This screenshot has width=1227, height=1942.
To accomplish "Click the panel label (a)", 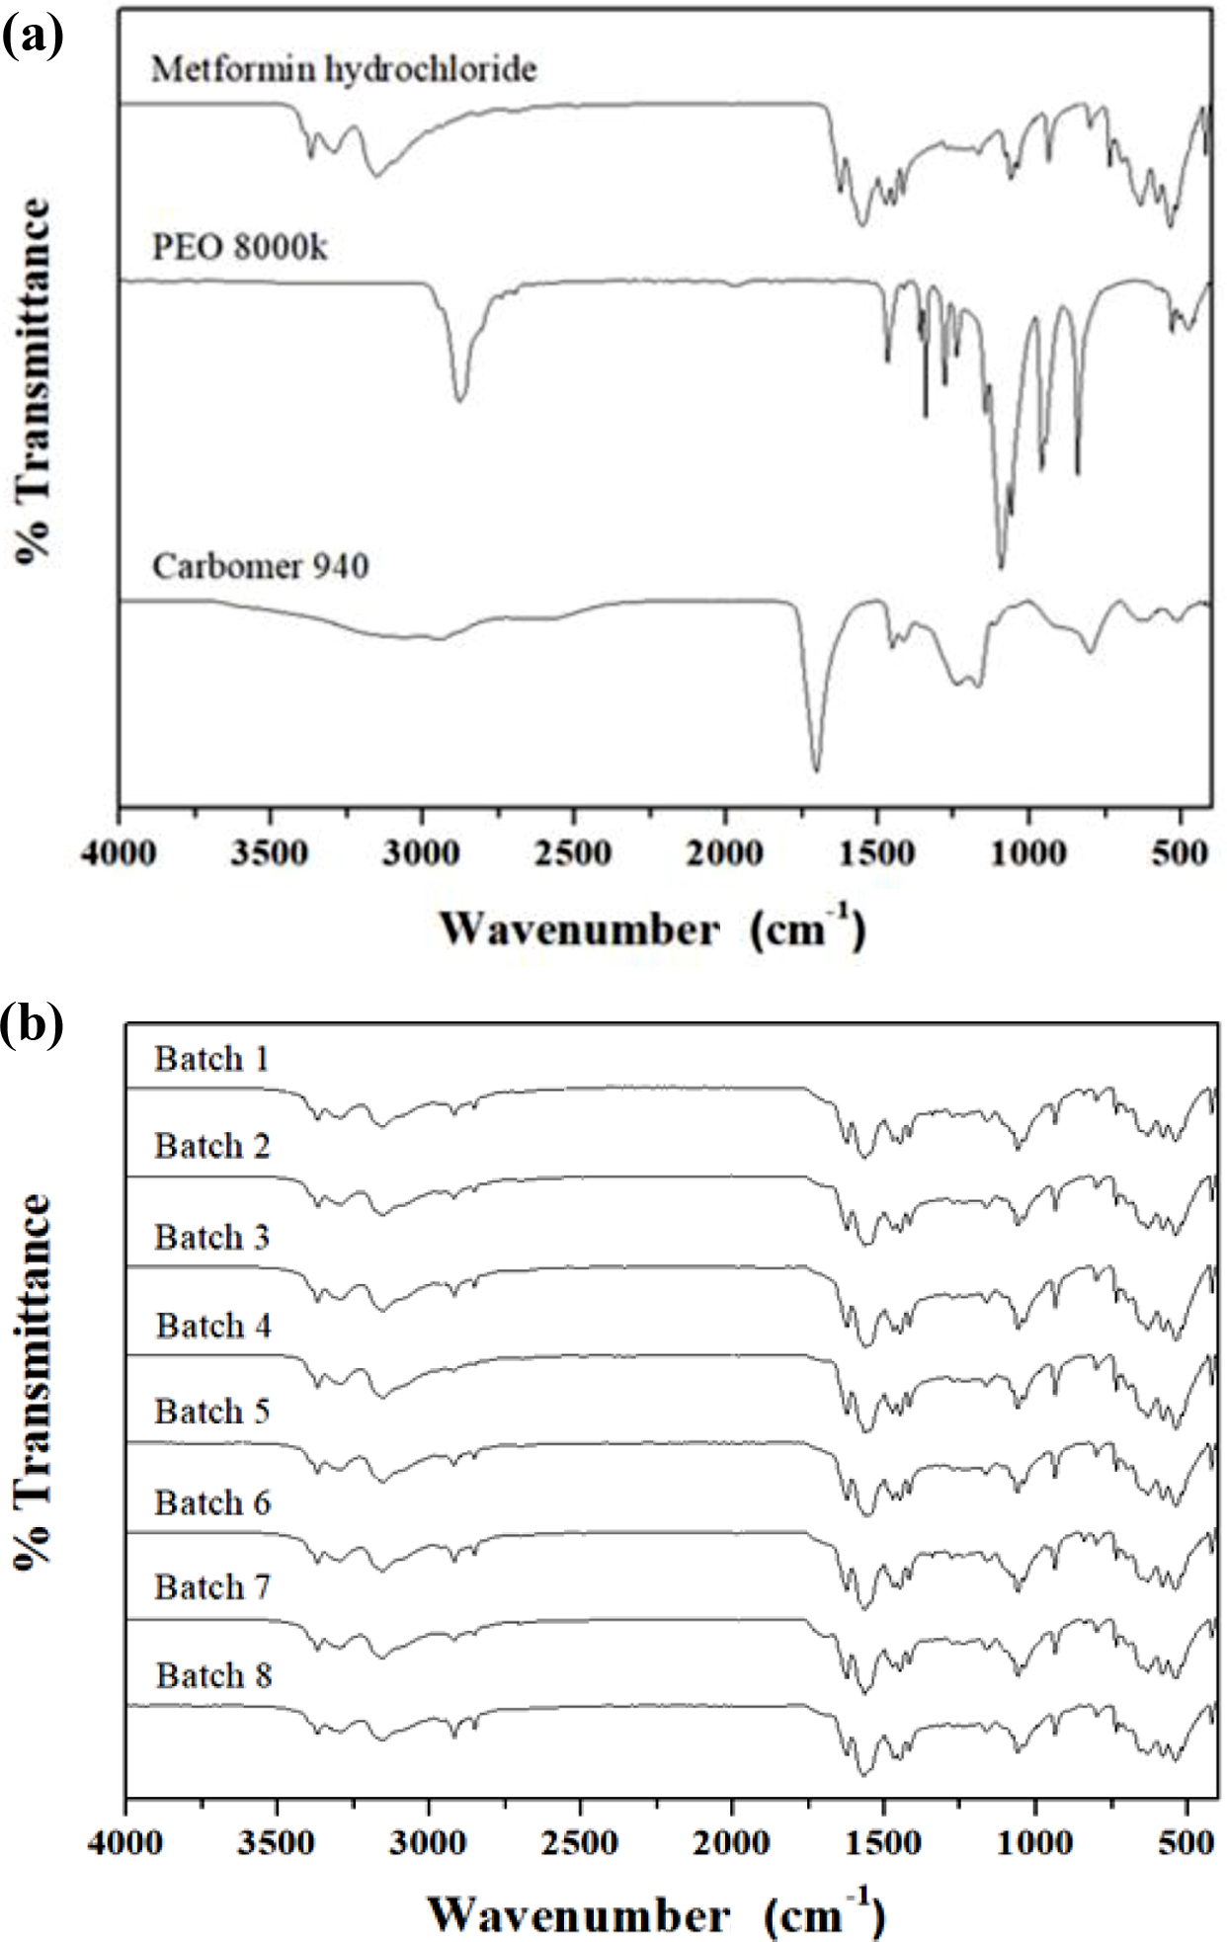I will [33, 38].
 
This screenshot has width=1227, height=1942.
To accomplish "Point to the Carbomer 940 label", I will [261, 567].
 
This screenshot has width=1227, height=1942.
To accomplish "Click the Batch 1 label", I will [211, 1060].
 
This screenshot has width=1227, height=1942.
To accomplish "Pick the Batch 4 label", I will [213, 1326].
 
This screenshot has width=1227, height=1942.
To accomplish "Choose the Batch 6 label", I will [212, 1503].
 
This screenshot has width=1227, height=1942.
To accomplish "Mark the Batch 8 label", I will [213, 1676].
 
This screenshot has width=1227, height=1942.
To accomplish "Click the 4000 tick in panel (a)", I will [120, 851].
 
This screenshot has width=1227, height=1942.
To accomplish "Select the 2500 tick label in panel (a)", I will [574, 851].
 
